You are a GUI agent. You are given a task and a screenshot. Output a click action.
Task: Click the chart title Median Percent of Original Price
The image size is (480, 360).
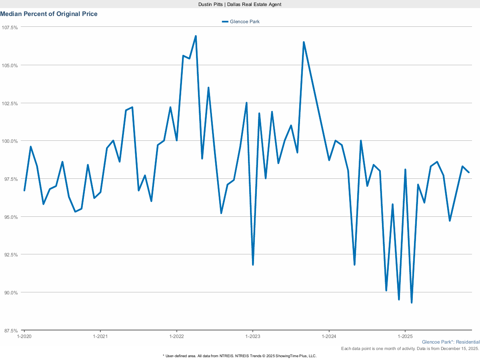point(49,14)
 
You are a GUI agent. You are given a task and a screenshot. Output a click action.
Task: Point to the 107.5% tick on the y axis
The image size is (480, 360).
point(10,27)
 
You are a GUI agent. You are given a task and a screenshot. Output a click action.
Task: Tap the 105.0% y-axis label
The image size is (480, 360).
point(10,65)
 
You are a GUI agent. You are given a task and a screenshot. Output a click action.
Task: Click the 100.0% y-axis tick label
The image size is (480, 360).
point(10,141)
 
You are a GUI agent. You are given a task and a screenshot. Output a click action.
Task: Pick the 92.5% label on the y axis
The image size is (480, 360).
point(11,255)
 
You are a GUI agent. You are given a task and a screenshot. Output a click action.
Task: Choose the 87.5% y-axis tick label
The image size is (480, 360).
point(11,331)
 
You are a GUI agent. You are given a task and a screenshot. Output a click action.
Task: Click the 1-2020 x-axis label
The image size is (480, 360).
point(24,337)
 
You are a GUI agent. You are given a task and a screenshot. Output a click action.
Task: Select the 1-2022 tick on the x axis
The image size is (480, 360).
point(176,337)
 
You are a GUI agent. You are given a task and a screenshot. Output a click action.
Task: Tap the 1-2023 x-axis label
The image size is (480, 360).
point(252,337)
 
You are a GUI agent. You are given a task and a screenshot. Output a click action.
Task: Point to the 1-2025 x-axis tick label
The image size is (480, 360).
point(405,337)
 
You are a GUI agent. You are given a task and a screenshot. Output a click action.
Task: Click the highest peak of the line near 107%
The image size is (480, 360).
point(196,36)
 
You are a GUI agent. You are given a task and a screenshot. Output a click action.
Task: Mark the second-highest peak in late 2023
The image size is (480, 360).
point(304,42)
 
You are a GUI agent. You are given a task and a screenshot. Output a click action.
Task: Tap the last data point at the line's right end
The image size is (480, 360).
point(469,172)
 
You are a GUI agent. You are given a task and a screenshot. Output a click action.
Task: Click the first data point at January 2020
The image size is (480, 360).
point(24,190)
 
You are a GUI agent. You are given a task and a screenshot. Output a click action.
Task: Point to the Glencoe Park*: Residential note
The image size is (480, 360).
point(450,342)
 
